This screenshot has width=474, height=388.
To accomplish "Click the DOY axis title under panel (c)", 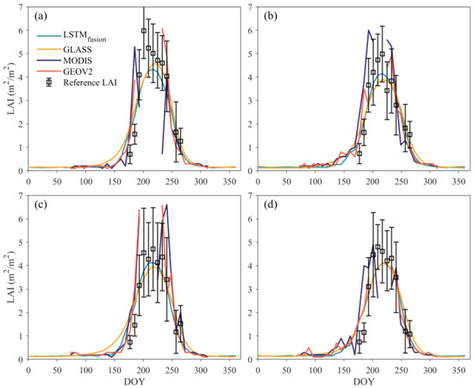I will click(134, 380).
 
